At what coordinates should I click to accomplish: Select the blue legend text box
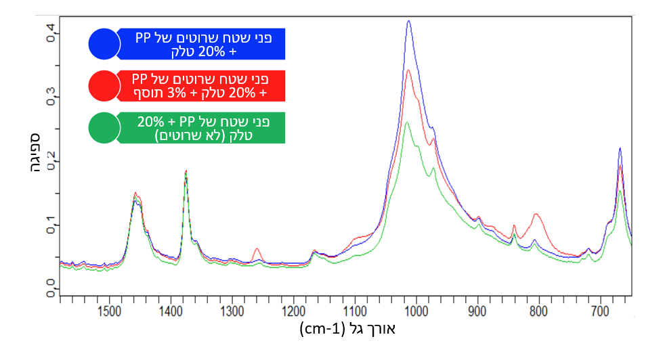tap(202, 44)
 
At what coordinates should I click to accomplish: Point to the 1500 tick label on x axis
tap(109, 312)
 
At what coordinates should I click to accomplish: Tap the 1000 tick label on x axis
tap(416, 312)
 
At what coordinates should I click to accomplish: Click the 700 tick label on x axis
tap(600, 312)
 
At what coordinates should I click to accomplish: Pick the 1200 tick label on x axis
tap(293, 312)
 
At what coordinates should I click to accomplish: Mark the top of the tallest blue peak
tap(408, 21)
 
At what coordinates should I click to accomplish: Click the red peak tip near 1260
tap(257, 248)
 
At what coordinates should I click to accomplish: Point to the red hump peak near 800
tap(536, 215)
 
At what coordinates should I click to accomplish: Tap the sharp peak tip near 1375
tap(186, 171)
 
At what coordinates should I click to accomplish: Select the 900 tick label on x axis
tap(477, 312)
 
